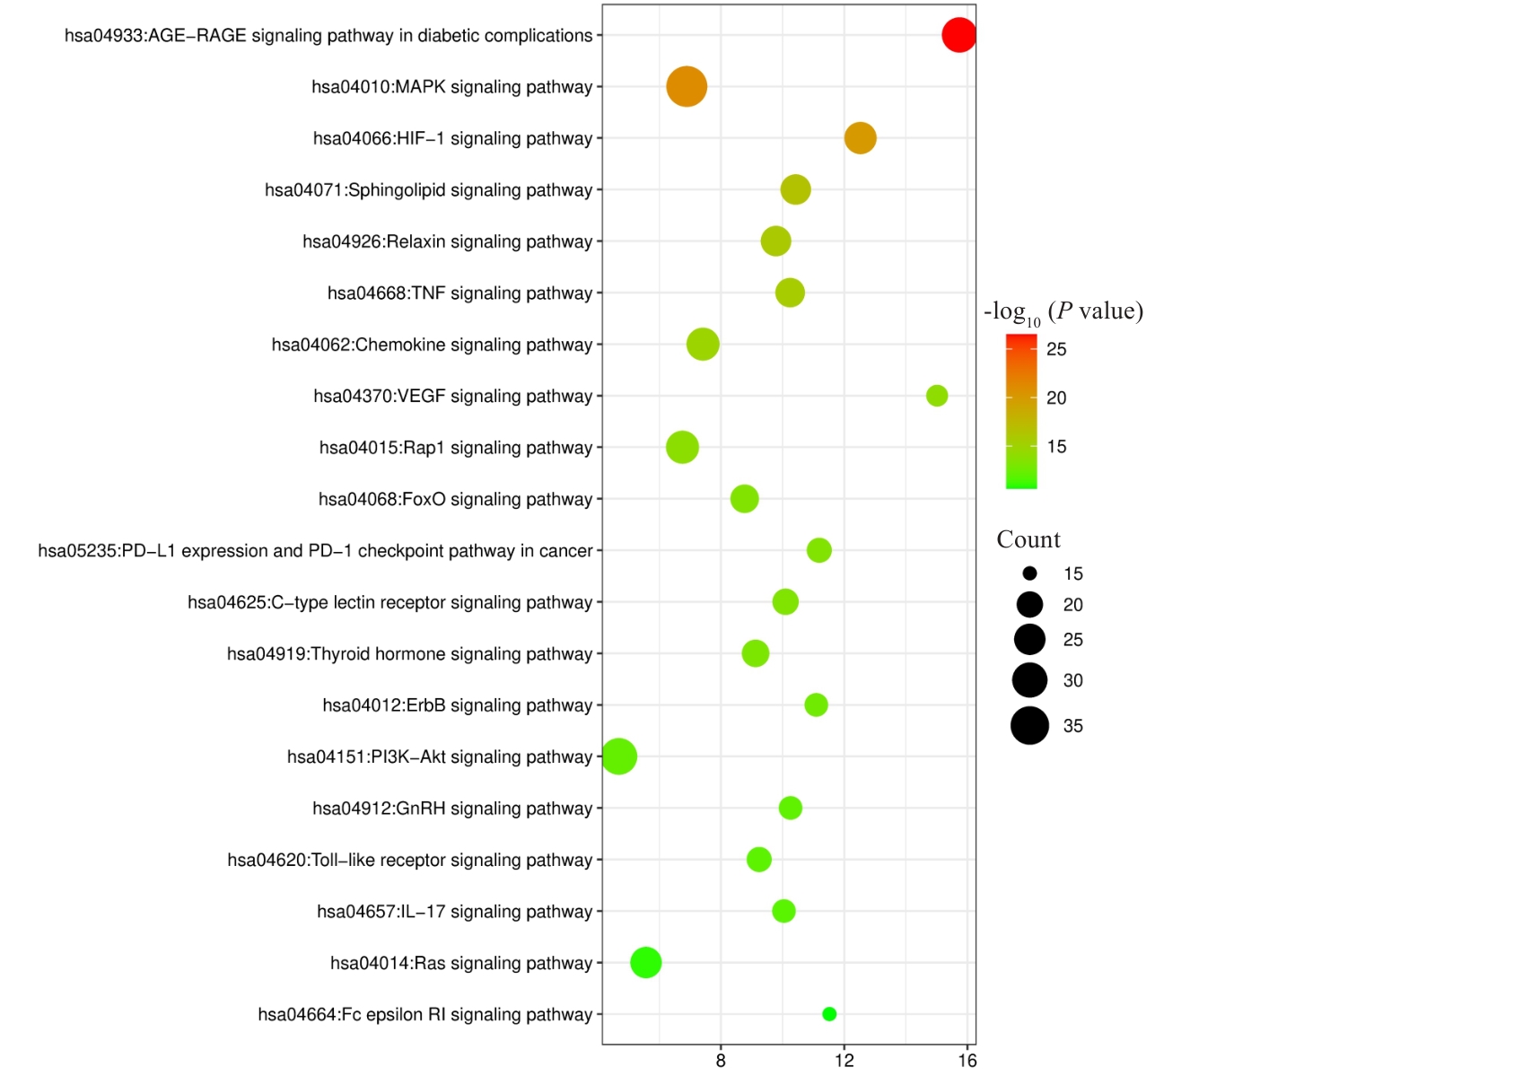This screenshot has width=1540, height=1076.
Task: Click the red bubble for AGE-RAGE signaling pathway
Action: tap(958, 35)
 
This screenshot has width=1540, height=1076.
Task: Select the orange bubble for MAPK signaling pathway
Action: tap(687, 87)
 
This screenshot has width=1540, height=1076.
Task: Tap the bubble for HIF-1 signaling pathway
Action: tap(860, 138)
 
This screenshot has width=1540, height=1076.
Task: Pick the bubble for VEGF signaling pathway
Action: tap(936, 396)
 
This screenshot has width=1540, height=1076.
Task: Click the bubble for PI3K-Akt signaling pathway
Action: tap(619, 757)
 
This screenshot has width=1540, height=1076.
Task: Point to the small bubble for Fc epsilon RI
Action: tap(829, 1014)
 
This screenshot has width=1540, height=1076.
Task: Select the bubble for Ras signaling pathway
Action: tap(646, 963)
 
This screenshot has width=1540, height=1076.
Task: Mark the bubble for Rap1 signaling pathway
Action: tap(682, 447)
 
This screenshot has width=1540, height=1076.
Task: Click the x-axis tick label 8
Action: tap(721, 1061)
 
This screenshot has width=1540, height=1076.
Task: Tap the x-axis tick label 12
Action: tap(844, 1061)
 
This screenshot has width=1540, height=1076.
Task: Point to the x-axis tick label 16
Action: tap(967, 1061)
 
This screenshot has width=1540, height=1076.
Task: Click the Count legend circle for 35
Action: tap(1029, 726)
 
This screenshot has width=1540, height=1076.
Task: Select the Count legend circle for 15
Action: tap(1029, 573)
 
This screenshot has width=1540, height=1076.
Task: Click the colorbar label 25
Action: tap(1056, 349)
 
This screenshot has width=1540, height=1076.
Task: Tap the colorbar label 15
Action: tap(1056, 447)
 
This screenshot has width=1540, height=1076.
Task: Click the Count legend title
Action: tap(1028, 539)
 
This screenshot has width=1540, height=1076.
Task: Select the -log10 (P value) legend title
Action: tap(1063, 312)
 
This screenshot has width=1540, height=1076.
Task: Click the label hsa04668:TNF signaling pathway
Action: tap(459, 293)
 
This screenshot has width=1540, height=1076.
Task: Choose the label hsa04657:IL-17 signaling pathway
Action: tap(454, 912)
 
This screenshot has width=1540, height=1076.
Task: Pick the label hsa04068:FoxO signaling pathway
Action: tap(455, 499)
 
